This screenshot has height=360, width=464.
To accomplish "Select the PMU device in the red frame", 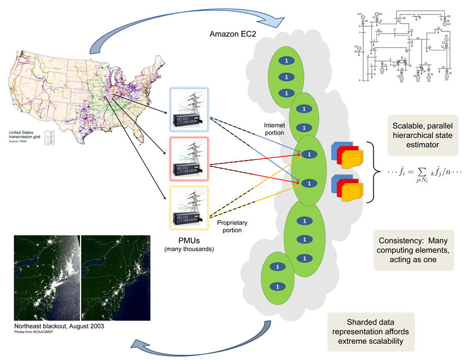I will pyautogui.click(x=187, y=159).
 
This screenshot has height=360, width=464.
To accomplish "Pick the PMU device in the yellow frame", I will pyautogui.click(x=187, y=208).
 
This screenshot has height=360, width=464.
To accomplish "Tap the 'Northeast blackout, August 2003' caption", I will pyautogui.click(x=58, y=327).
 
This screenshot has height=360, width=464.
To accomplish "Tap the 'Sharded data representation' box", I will pyautogui.click(x=371, y=332).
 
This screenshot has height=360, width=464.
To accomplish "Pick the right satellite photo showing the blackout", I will pyautogui.click(x=116, y=278).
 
